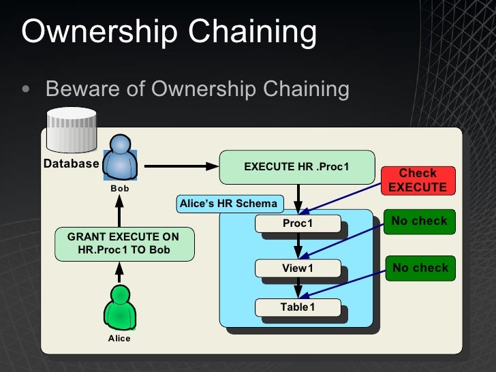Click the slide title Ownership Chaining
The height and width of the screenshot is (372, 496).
[169, 32]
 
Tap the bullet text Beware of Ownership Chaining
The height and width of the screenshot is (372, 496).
[197, 89]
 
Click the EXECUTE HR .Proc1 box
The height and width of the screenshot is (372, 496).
[296, 167]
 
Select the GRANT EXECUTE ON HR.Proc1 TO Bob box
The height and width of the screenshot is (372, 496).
[123, 244]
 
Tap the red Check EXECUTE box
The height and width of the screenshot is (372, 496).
[417, 181]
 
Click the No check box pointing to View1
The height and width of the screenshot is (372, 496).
[419, 221]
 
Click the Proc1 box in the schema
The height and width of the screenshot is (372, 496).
[297, 223]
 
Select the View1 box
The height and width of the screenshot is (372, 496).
[297, 268]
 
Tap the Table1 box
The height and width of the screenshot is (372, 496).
[297, 307]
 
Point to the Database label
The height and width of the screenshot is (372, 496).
[71, 164]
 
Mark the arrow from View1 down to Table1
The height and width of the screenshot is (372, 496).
[297, 288]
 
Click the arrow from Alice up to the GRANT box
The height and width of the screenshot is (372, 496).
[119, 273]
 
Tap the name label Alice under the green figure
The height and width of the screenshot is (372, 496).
[119, 338]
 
